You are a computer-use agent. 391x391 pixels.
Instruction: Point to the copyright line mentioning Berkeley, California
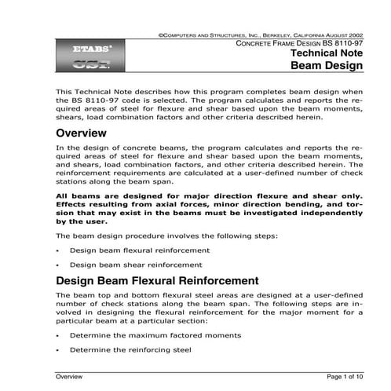(259, 35)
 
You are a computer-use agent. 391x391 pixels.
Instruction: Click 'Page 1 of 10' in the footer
(343, 378)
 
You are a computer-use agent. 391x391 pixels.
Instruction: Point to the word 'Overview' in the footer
(69, 378)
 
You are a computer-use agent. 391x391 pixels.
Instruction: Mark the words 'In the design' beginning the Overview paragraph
(79, 146)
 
